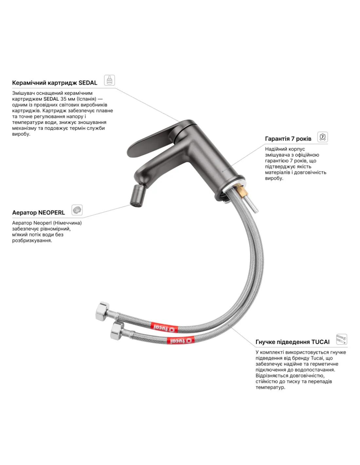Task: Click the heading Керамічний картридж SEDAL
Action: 55,83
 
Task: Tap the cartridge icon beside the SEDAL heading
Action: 109,80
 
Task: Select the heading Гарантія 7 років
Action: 288,139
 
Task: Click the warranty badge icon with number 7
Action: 322,137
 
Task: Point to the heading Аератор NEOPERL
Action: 39,213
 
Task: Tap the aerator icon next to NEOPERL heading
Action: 77,210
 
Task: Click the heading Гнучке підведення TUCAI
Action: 293,342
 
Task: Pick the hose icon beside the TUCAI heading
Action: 342,339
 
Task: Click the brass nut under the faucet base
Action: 240,189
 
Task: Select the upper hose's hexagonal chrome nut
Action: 103,311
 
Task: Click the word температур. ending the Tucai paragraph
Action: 270,387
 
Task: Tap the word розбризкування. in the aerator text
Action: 32,241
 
